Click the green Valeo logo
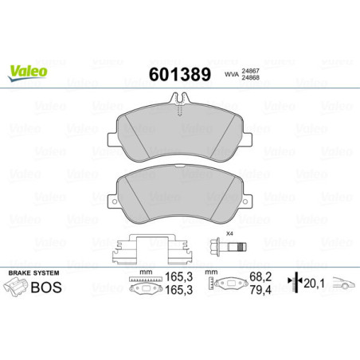click(27, 72)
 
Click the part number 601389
click(179, 76)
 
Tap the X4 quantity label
click(229, 233)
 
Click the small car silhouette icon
click(344, 285)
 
